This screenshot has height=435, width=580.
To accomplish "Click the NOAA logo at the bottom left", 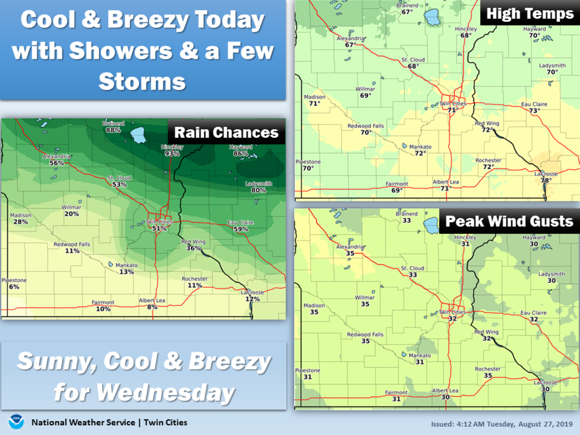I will click(x=16, y=422).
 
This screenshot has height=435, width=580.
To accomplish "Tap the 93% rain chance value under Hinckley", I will click(x=172, y=154).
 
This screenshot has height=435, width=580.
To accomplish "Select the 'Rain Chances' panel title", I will click(x=226, y=132).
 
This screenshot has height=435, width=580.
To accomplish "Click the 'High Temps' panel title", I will click(x=530, y=14).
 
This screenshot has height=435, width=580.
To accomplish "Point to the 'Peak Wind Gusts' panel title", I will click(x=509, y=221).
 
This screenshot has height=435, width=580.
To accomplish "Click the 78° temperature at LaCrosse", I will click(x=546, y=180).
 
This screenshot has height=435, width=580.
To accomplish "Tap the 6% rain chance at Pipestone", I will click(x=14, y=287).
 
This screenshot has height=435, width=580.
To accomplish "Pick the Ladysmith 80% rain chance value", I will click(x=259, y=190).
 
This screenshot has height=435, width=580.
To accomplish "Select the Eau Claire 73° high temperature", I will click(x=534, y=111).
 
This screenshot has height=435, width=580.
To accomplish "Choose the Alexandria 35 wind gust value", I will click(x=350, y=253).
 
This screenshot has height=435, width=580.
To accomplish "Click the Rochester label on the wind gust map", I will click(x=488, y=369).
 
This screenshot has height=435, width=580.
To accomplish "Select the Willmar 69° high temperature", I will click(x=365, y=96).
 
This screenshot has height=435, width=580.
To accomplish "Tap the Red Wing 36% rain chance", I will click(x=193, y=248).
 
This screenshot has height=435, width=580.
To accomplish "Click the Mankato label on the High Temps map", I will click(x=420, y=147).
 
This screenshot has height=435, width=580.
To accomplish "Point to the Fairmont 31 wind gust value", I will click(x=396, y=399).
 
